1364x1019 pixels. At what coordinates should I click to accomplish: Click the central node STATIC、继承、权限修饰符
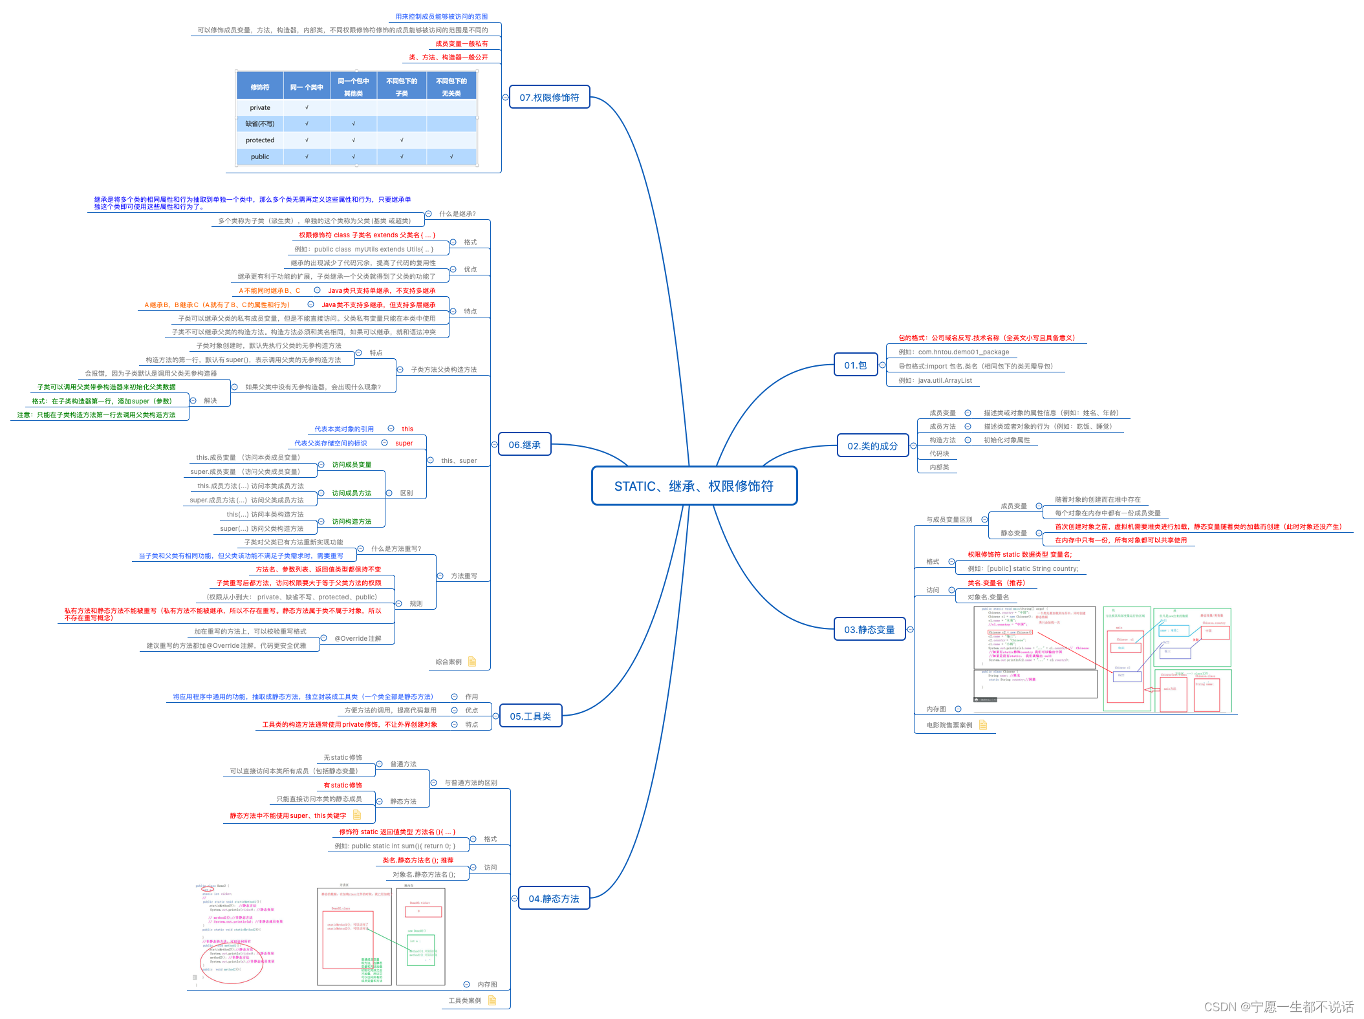coord(694,486)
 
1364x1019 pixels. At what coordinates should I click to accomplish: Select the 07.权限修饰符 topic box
coord(549,98)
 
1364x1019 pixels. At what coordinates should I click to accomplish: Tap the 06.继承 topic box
coord(524,445)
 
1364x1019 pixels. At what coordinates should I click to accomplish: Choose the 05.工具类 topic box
coord(530,716)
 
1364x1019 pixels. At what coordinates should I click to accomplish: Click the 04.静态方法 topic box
coord(554,899)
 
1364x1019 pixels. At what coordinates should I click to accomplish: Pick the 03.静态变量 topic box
coord(869,630)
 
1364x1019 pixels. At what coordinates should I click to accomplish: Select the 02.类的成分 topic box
coord(872,446)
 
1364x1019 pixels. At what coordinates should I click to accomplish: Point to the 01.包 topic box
coord(855,365)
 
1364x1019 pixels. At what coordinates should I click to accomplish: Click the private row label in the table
coord(260,108)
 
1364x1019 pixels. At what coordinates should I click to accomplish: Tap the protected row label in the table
coord(260,140)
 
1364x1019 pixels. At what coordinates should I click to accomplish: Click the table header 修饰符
coord(260,87)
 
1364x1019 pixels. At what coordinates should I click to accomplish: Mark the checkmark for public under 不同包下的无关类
coord(451,156)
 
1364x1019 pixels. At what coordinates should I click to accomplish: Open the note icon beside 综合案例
coord(472,661)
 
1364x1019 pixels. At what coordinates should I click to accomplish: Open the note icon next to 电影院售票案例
coord(983,725)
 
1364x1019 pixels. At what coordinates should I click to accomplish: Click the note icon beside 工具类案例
coord(492,1000)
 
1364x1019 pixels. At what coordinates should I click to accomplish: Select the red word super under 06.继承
coord(404,444)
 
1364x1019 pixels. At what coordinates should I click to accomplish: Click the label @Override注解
coord(358,639)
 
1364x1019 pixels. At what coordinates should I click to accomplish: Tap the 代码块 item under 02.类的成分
coord(939,454)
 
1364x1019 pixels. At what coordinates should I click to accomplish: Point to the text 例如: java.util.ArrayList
coord(935,381)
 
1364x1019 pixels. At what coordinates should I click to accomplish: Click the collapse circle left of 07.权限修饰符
coord(506,98)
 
